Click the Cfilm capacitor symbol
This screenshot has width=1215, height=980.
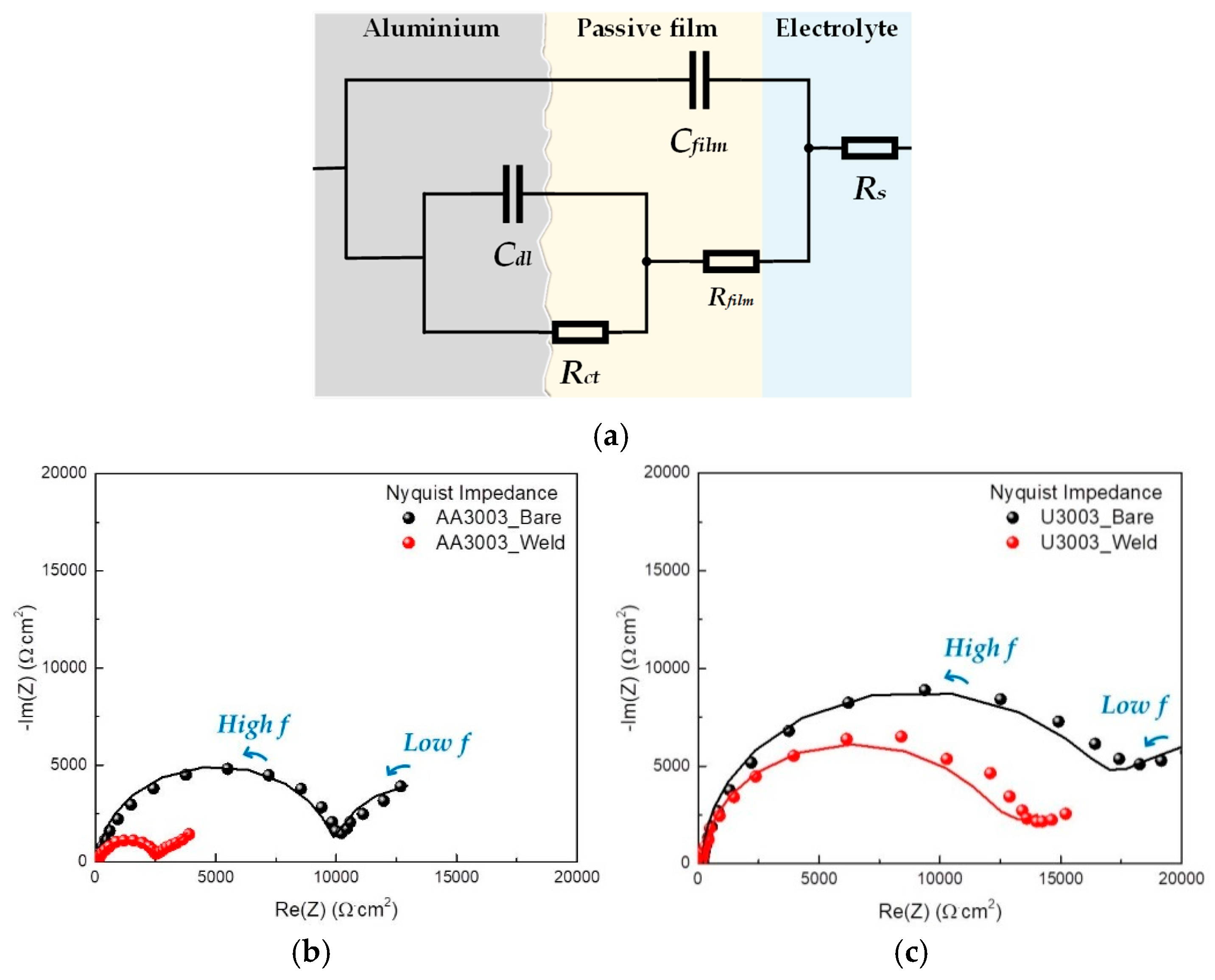pos(699,80)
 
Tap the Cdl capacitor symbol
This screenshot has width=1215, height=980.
pos(512,193)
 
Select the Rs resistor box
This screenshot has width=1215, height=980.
pos(869,148)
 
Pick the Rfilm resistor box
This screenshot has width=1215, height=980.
pos(731,261)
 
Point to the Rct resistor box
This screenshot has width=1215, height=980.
pos(580,332)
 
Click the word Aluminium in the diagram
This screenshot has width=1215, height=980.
pos(431,28)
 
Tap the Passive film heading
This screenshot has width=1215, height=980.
pos(647,28)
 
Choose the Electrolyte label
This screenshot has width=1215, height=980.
pos(836,28)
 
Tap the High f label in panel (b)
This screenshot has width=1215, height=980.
pos(253,725)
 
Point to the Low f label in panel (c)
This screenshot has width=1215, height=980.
pos(1134,706)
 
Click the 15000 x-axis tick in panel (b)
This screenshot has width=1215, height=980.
pos(456,876)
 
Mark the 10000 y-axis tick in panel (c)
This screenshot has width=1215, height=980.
pos(667,668)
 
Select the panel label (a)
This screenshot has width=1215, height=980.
pos(611,437)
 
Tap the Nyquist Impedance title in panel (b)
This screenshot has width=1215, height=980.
pos(471,493)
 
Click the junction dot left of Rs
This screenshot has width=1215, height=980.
pos(809,148)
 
